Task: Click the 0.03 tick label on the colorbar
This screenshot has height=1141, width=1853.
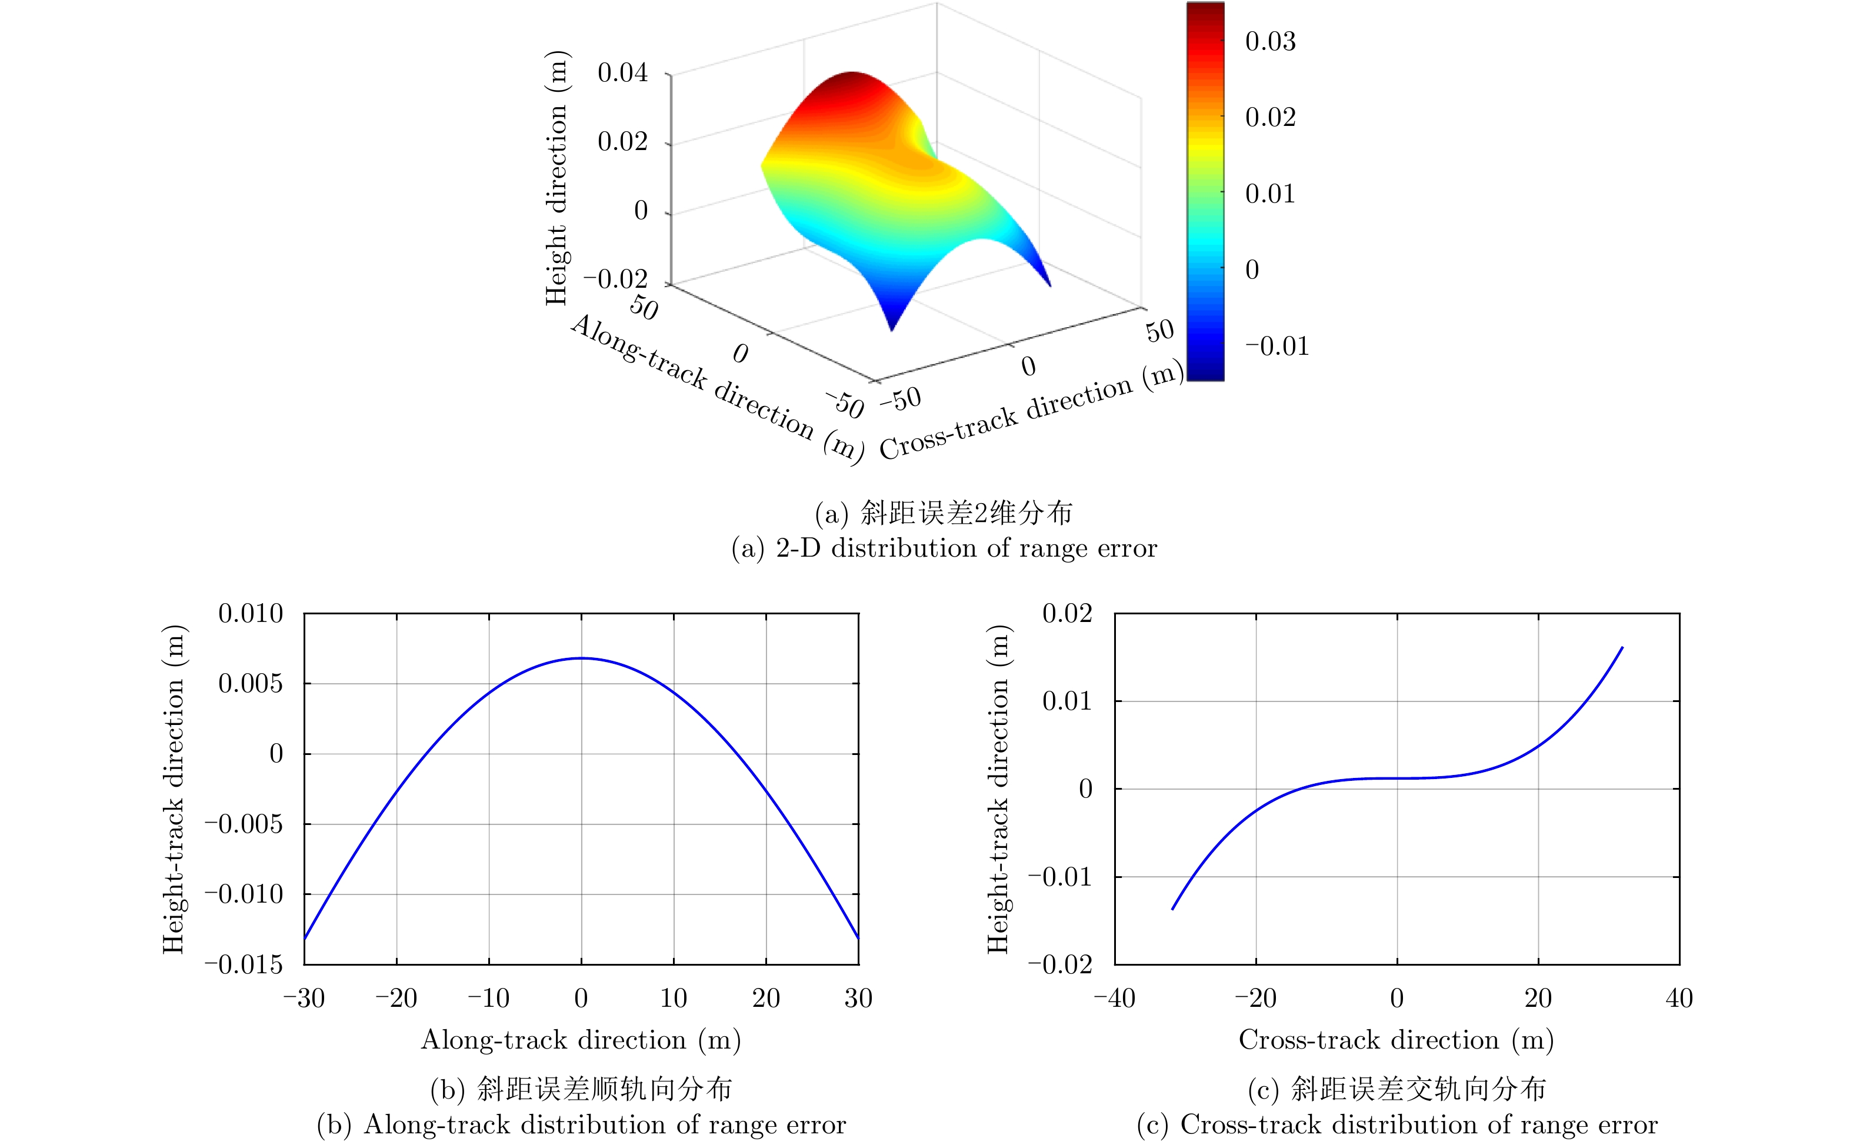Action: pyautogui.click(x=1270, y=42)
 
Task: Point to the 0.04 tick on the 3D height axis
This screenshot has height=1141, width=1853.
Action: pyautogui.click(x=622, y=73)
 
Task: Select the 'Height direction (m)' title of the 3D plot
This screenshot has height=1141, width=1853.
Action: pyautogui.click(x=556, y=178)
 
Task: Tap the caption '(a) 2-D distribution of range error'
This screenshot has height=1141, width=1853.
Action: pyautogui.click(x=944, y=548)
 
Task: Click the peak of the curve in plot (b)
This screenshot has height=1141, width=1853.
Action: pyautogui.click(x=581, y=658)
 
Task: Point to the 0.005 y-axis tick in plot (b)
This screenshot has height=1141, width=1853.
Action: pyautogui.click(x=251, y=684)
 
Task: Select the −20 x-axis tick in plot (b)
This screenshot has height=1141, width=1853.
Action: pyautogui.click(x=396, y=999)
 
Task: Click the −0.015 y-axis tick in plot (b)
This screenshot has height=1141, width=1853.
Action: pyautogui.click(x=243, y=964)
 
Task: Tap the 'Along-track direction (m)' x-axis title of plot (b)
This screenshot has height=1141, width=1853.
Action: pyautogui.click(x=581, y=1040)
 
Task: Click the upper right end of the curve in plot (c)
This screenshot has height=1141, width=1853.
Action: pyautogui.click(x=1622, y=647)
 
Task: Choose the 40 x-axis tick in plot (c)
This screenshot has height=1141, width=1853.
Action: pyautogui.click(x=1679, y=999)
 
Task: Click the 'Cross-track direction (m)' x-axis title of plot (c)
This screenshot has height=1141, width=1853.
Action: pyautogui.click(x=1396, y=1040)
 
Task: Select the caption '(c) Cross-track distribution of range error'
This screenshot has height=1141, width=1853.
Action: pyautogui.click(x=1397, y=1125)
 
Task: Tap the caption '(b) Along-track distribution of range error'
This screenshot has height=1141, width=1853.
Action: pyautogui.click(x=581, y=1125)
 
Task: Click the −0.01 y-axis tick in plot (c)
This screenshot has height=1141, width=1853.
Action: pyautogui.click(x=1059, y=877)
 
